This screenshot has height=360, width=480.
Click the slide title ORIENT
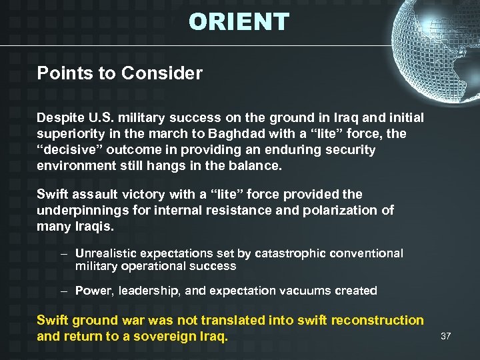coord(239,22)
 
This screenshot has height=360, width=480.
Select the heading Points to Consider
coord(119,73)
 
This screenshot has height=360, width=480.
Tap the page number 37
coord(446,336)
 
